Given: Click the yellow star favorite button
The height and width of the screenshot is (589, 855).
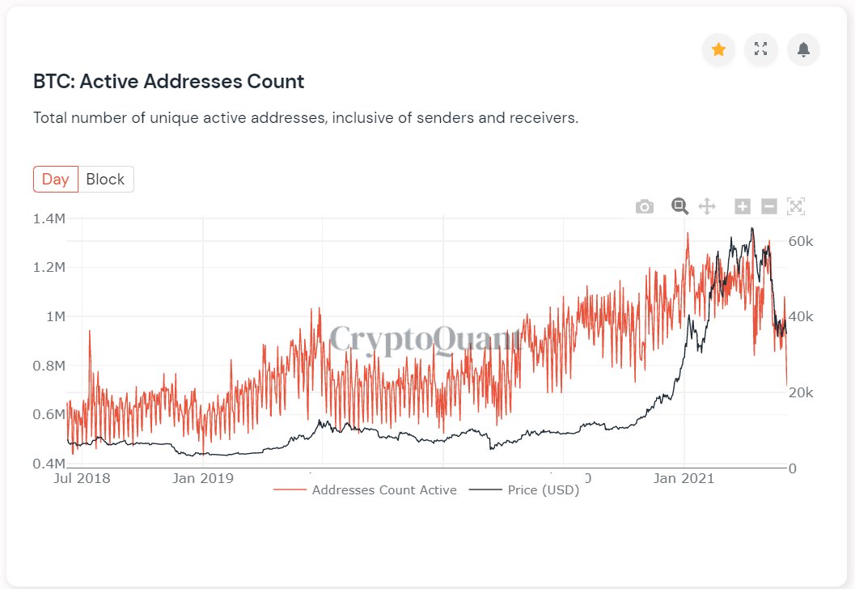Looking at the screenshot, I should (717, 49).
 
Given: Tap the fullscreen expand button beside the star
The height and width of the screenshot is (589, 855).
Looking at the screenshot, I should (760, 49).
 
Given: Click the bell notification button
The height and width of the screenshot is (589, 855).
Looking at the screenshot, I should (803, 49).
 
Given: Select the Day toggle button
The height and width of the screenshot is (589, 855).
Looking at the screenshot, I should (56, 180).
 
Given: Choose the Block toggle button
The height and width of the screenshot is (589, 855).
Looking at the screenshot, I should (105, 180).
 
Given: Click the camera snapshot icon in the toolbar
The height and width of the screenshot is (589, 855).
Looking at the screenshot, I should (644, 207).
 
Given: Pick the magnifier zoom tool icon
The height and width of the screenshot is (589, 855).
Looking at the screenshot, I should (679, 206).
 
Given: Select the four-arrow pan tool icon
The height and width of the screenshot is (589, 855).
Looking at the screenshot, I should (707, 206).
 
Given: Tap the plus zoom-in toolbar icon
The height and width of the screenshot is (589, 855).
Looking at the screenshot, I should (743, 206).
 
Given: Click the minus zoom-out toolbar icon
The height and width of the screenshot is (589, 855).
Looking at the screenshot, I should (769, 206).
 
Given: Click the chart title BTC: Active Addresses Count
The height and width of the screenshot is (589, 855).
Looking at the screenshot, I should (168, 82).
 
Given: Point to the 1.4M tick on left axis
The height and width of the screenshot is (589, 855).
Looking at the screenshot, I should (49, 218).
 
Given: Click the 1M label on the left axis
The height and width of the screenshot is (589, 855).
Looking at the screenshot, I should (56, 316).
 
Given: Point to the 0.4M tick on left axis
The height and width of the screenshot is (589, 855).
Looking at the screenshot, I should (49, 464).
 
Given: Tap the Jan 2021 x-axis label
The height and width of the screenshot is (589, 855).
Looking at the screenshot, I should (684, 478).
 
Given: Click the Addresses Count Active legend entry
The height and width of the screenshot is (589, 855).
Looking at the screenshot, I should (365, 490).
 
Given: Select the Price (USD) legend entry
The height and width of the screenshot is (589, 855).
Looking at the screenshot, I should (525, 490).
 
